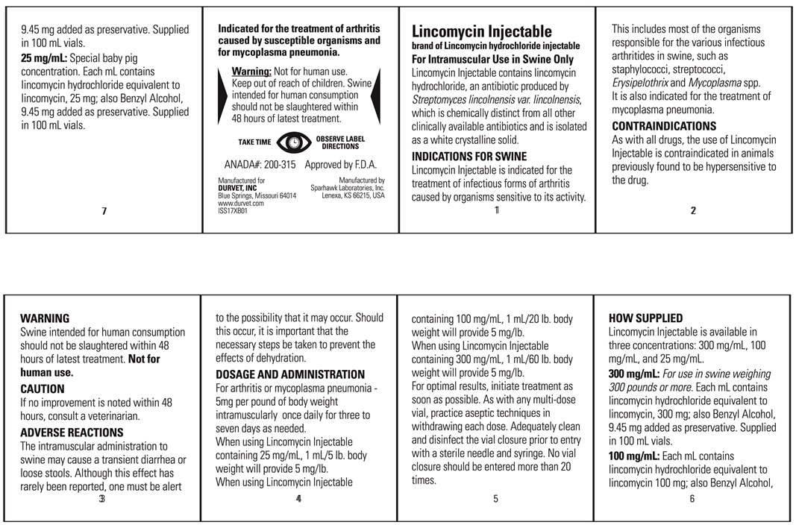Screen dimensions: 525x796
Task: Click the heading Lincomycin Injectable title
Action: [x=482, y=31]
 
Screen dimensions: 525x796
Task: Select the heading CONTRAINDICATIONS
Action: [x=664, y=126]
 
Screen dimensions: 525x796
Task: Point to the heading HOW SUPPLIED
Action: [x=645, y=318]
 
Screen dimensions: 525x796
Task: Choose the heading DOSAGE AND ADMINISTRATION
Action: [x=290, y=374]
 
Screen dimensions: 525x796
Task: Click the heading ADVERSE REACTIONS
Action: [x=72, y=433]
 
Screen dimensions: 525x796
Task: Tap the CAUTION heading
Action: [x=43, y=389]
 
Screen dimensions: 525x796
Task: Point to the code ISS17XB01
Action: [x=232, y=210]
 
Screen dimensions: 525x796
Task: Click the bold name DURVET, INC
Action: [x=237, y=188]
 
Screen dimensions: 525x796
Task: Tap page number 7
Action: [x=104, y=211]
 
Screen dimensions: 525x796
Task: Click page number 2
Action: [x=693, y=210]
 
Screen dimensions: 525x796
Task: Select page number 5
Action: [x=495, y=499]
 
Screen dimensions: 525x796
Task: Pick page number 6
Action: [x=692, y=499]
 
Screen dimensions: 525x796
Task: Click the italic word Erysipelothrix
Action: [x=640, y=83]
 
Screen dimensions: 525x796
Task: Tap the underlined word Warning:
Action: [x=251, y=71]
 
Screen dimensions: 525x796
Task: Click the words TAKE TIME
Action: [x=255, y=142]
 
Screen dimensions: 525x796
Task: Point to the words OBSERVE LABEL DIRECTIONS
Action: [x=340, y=142]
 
